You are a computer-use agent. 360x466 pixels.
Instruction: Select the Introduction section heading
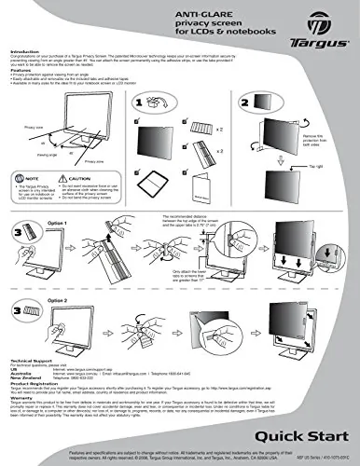tap(25, 52)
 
